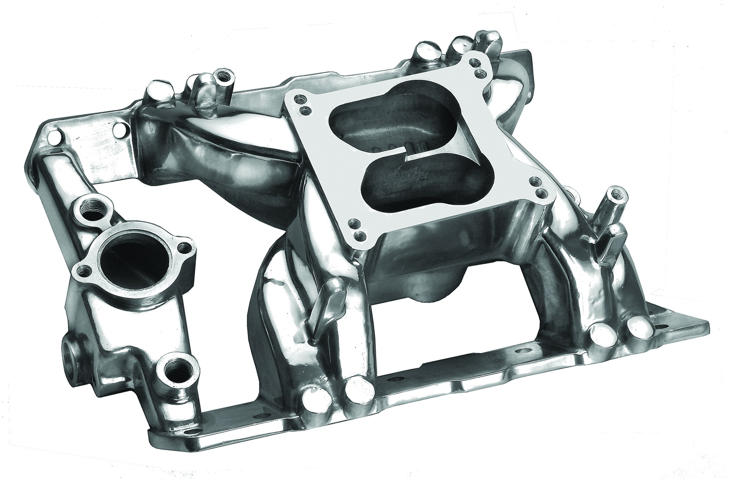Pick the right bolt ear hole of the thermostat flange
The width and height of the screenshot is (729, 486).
(185, 248)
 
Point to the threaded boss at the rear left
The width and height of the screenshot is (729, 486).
(224, 78)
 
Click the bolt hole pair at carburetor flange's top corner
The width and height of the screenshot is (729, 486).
(478, 68)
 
